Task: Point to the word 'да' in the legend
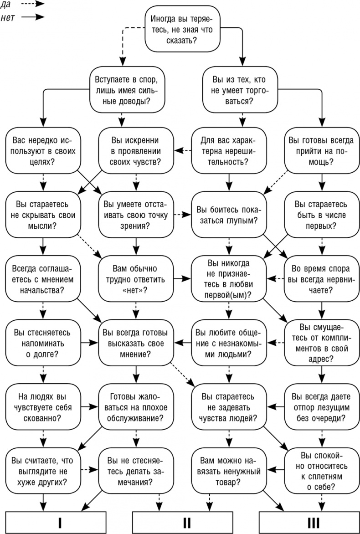click(x=7, y=4)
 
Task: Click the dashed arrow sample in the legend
click(x=33, y=4)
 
